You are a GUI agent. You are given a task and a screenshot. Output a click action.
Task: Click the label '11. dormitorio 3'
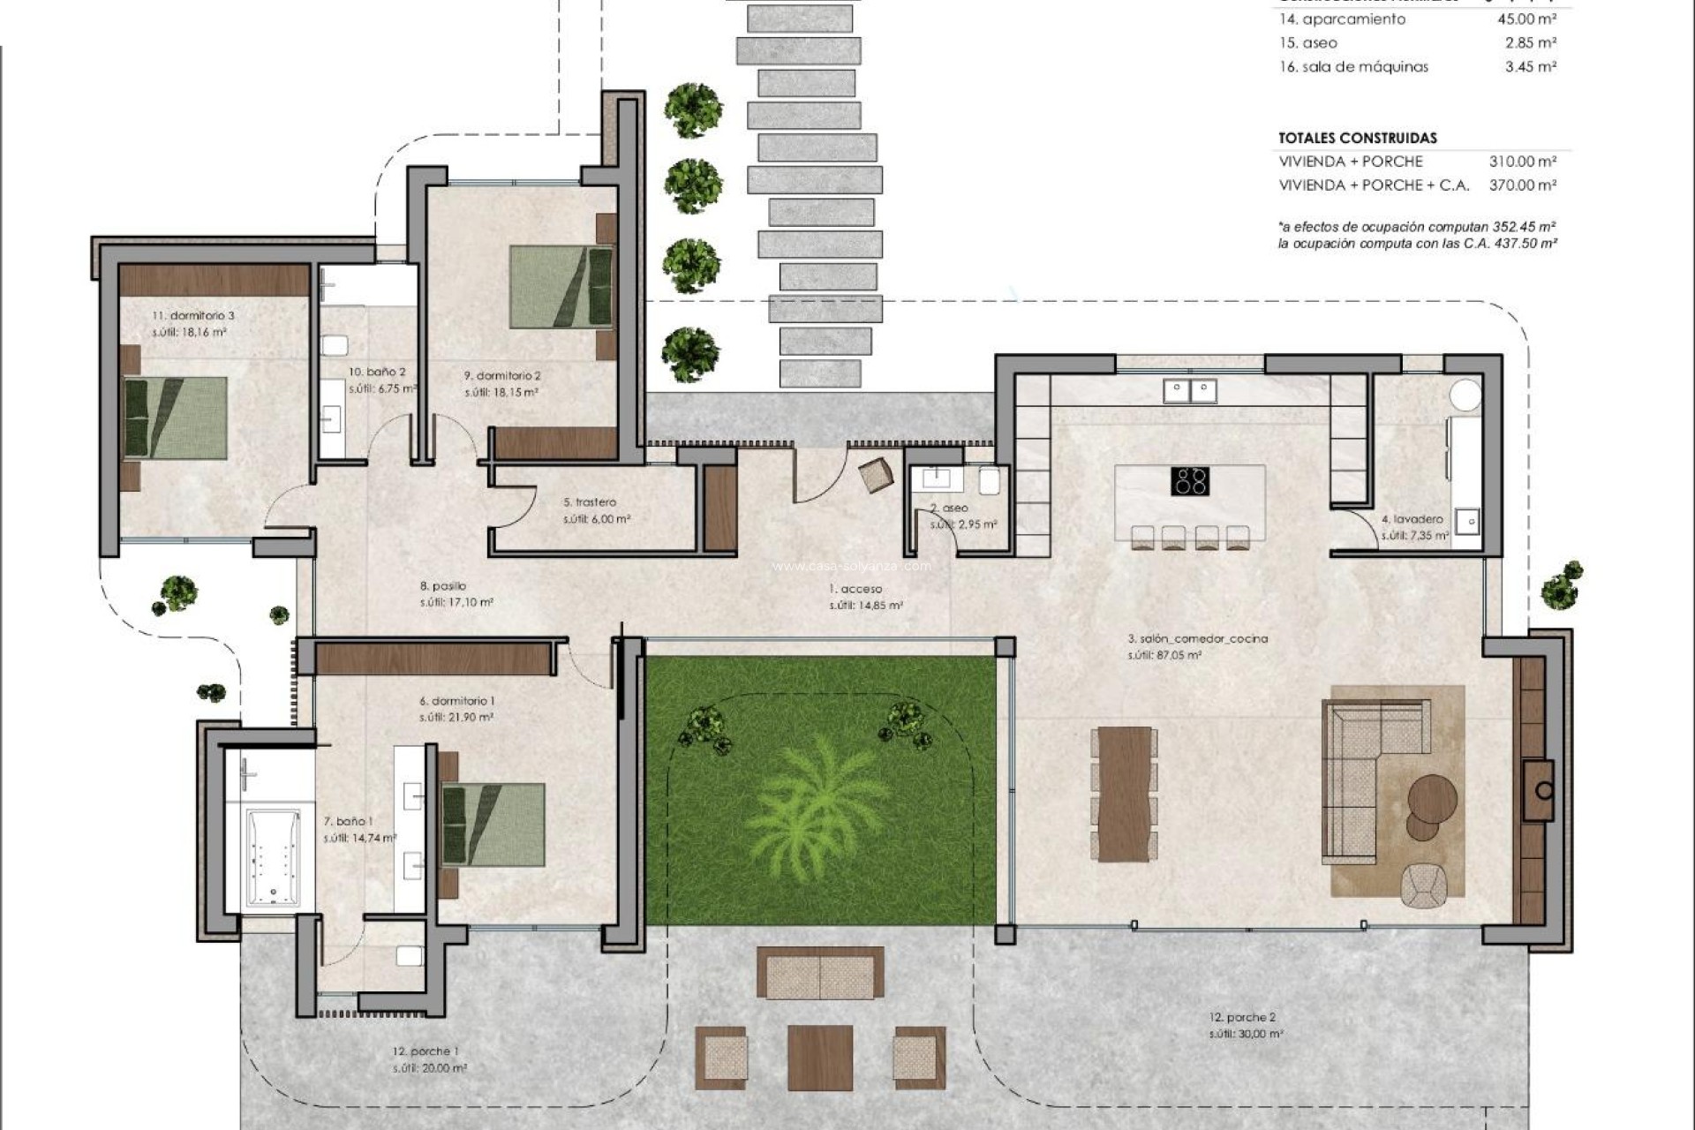pos(193,316)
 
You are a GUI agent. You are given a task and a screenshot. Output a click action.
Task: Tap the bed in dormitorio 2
pos(561,287)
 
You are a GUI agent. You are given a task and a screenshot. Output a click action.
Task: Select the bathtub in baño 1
pos(273,857)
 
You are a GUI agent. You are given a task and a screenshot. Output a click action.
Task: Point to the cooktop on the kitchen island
pos(1189,481)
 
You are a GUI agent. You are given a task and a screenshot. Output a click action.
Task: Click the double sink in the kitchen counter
pos(1189,390)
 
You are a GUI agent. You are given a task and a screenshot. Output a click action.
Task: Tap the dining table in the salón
pos(1125,793)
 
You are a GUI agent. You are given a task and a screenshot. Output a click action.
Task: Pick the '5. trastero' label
pos(590,502)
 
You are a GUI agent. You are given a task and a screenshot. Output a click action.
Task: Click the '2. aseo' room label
pos(949,508)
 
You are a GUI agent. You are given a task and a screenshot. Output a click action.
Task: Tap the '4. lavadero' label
pos(1412,519)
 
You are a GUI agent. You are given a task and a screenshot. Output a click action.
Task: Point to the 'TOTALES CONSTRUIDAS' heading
pos(1357,138)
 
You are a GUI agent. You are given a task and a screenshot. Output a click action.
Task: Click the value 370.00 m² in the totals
pos(1522,185)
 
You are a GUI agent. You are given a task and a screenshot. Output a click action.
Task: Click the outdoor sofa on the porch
pos(819,973)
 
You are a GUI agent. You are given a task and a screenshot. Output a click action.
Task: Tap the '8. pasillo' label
pos(443,585)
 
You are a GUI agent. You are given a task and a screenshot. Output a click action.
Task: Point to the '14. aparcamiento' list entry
pos(1342,19)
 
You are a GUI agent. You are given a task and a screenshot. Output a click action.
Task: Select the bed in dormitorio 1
pos(492,824)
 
